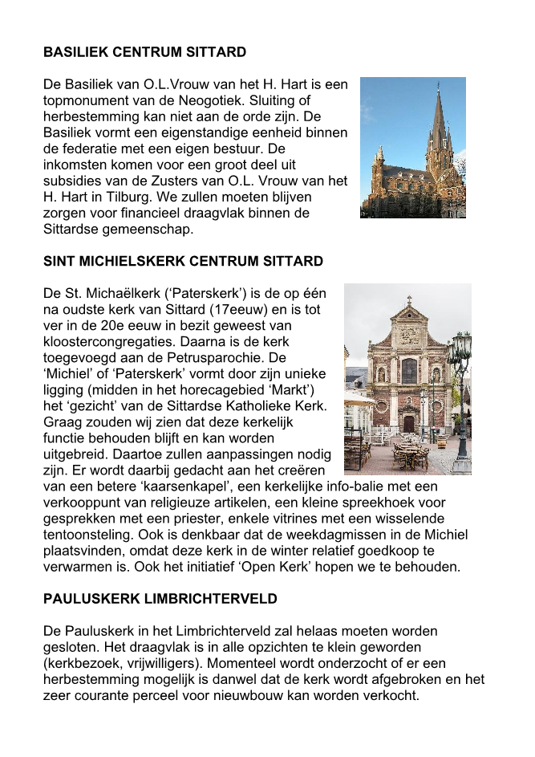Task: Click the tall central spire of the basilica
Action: pos(437,120)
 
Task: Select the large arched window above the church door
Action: pos(409,371)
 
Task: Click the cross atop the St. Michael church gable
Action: pos(409,300)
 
